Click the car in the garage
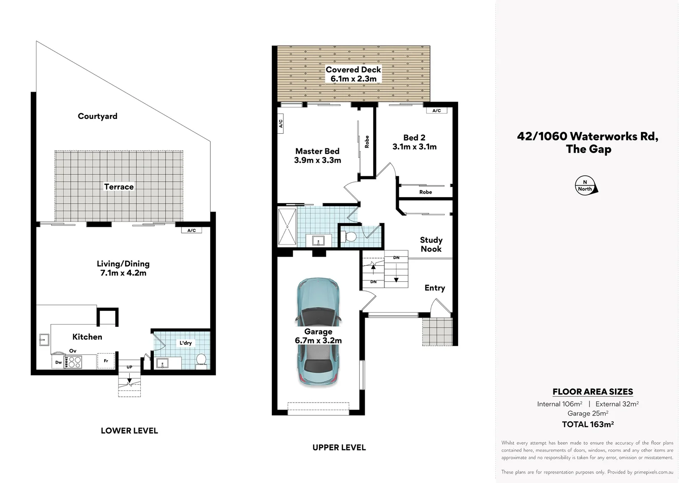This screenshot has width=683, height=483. [x=318, y=331]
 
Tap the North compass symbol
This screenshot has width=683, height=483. [x=586, y=186]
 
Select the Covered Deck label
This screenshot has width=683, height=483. [x=353, y=70]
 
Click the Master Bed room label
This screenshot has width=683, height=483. [x=317, y=151]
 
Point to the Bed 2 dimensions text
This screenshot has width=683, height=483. [x=414, y=147]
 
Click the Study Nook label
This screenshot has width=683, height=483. [x=431, y=245]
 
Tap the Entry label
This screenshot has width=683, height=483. [x=434, y=288]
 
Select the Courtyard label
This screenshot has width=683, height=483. [x=97, y=116]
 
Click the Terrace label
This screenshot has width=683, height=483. [x=119, y=187]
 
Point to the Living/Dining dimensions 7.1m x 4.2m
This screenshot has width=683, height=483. [x=123, y=273]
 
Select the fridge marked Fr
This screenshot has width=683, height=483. [x=106, y=361]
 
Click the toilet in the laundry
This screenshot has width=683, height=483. [x=202, y=360]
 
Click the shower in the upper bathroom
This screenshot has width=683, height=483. [x=287, y=226]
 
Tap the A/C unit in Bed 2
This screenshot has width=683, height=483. [x=437, y=110]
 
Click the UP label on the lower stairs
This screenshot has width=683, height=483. [x=129, y=367]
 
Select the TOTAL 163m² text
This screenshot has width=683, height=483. [x=587, y=424]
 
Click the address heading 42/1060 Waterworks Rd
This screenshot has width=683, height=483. [x=587, y=136]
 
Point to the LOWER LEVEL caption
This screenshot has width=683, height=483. [x=129, y=431]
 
